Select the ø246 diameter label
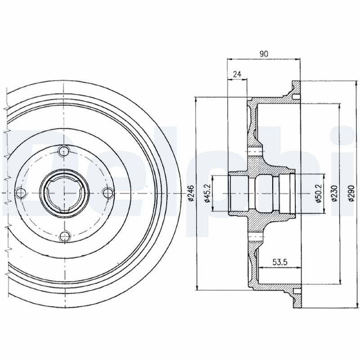[x=191, y=193]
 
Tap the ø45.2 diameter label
[x=207, y=193]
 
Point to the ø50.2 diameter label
[x=318, y=193]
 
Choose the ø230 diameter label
[x=334, y=193]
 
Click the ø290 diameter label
[x=351, y=193]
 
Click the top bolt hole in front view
[x=65, y=151]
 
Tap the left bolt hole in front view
[x=19, y=193]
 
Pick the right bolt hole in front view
[x=107, y=193]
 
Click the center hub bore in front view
[x=63, y=193]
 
